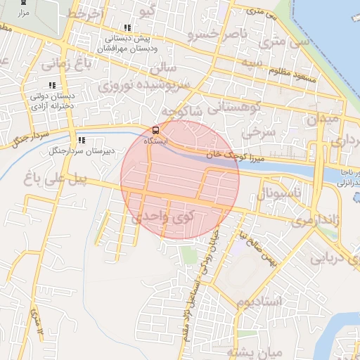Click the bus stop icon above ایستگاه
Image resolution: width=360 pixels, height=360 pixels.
click(x=155, y=130)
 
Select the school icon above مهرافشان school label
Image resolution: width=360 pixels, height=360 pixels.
click(x=127, y=28)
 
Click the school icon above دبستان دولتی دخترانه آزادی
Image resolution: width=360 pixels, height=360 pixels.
click(x=51, y=85)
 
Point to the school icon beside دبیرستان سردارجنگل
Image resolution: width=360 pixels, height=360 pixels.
click(x=82, y=140)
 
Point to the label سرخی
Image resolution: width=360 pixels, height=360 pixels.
click(x=256, y=131)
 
